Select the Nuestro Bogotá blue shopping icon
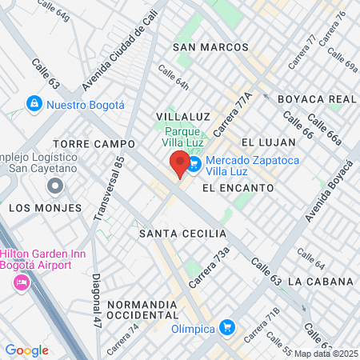(34, 104)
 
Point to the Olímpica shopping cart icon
(228, 327)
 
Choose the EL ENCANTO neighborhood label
(238, 188)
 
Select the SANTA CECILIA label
(182, 234)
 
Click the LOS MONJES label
(45, 207)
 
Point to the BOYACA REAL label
(316, 99)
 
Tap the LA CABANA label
(320, 282)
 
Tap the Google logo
(26, 350)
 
